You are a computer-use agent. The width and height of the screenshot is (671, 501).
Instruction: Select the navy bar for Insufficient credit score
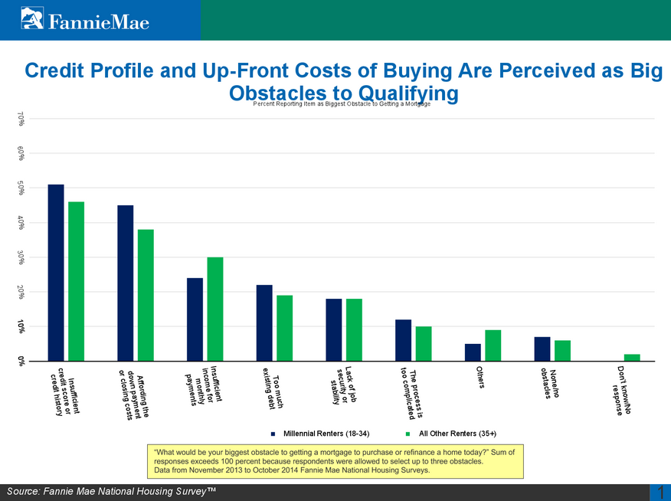click(56, 272)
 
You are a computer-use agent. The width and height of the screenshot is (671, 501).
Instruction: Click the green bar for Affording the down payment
click(146, 295)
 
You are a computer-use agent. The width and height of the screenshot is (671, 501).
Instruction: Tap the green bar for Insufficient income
click(215, 309)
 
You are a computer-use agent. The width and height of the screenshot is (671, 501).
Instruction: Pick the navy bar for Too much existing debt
click(264, 323)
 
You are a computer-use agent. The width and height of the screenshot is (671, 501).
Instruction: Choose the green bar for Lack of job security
click(354, 329)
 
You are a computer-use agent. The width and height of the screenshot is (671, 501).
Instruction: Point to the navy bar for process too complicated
click(403, 340)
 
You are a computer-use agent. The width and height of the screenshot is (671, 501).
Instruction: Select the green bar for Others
click(493, 345)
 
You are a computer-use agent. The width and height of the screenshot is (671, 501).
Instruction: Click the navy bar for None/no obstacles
click(542, 349)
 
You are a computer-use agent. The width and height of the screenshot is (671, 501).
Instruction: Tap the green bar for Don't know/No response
click(632, 357)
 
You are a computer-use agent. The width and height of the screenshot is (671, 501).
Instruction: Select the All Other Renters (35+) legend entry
click(452, 434)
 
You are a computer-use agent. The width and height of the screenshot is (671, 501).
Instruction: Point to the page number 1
click(660, 493)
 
